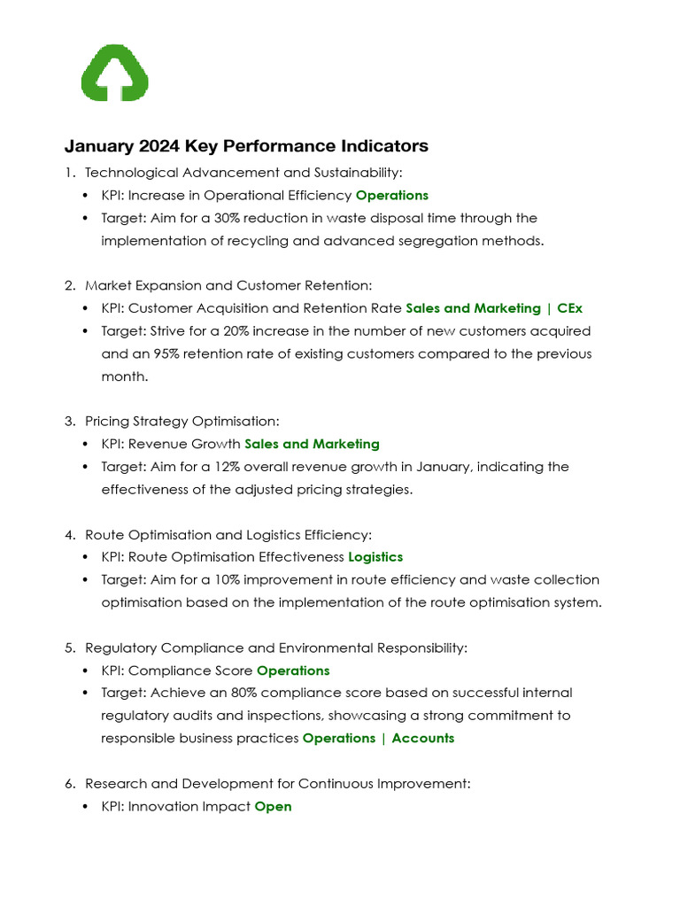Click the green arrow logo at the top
(x=114, y=73)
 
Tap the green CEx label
(x=570, y=308)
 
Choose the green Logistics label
(x=375, y=557)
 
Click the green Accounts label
(x=423, y=738)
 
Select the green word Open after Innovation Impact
(x=273, y=807)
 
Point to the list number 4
(x=69, y=535)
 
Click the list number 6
(x=69, y=784)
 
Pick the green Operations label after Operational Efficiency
(x=391, y=195)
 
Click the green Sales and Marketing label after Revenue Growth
(x=312, y=444)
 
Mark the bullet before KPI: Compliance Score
(x=85, y=671)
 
